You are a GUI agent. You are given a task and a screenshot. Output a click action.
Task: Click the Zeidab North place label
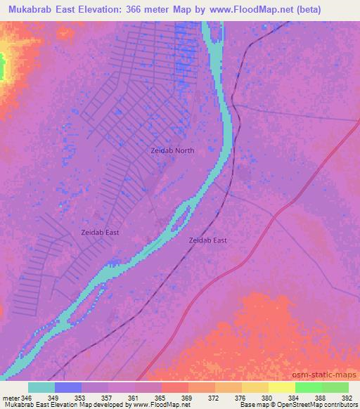click(172, 150)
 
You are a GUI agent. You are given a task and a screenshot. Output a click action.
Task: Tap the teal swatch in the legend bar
click(41, 387)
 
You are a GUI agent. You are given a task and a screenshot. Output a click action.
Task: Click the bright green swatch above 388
click(309, 387)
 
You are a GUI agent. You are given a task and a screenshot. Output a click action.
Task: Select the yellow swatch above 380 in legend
click(255, 387)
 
